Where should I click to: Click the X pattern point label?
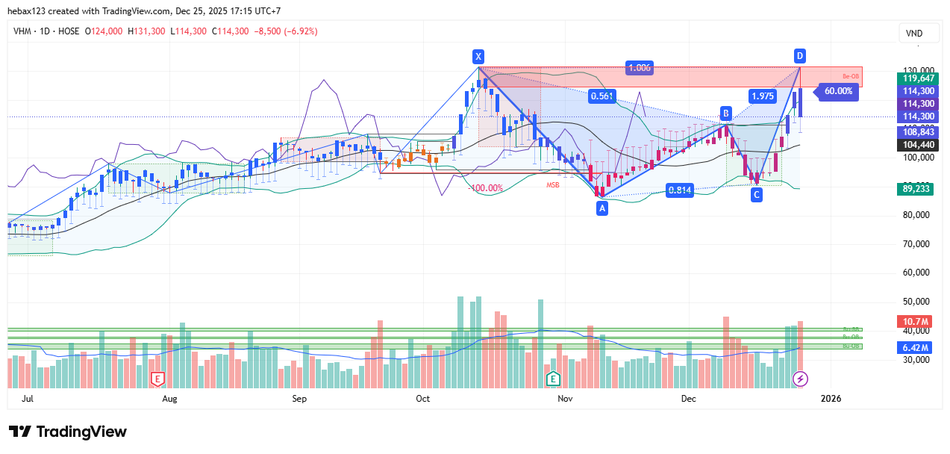click(478, 57)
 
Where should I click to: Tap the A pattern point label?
click(602, 209)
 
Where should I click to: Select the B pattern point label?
click(725, 113)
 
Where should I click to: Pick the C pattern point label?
click(757, 195)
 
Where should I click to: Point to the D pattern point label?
click(799, 56)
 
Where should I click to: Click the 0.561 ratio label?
click(601, 96)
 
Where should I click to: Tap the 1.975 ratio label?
click(763, 96)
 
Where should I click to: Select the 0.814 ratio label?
click(680, 190)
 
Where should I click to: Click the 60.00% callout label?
click(838, 91)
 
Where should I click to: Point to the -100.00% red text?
click(485, 188)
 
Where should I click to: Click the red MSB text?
click(553, 184)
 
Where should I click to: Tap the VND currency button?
click(913, 34)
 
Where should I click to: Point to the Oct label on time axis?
click(422, 399)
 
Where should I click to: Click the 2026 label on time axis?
click(831, 399)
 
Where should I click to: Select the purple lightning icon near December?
click(800, 379)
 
